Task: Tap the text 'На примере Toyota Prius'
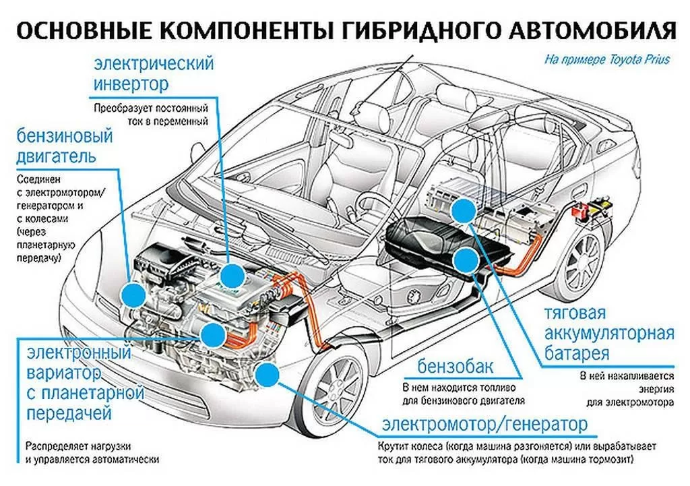606,59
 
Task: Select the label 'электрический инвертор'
153,75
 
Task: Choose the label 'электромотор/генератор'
484,425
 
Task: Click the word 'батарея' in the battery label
577,353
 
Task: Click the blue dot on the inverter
232,276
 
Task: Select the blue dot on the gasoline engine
133,294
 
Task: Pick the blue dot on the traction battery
463,212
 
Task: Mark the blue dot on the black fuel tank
465,259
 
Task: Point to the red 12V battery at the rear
579,210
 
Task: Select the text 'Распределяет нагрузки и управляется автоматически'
93,452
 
